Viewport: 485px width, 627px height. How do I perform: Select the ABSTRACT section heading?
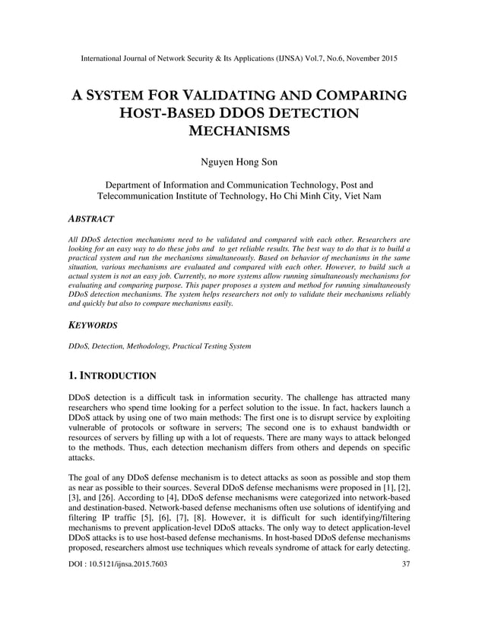click(91, 219)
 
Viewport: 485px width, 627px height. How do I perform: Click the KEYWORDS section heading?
click(93, 324)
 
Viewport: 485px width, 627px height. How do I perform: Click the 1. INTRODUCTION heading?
click(113, 376)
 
